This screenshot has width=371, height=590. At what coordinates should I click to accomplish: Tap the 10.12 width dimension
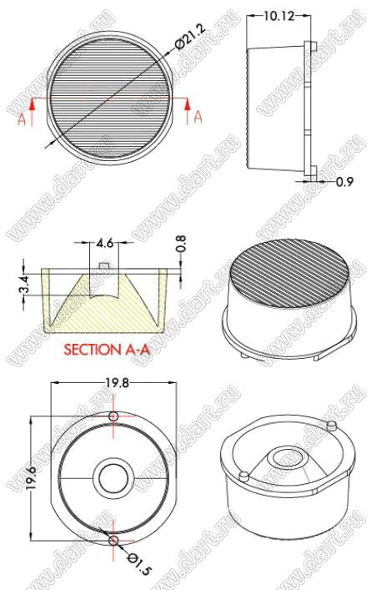(x=278, y=16)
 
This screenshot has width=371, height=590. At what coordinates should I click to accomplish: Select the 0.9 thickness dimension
(x=344, y=182)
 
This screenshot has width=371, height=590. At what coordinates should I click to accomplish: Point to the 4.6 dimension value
(x=104, y=243)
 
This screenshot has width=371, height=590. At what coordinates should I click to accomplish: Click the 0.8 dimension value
(x=180, y=245)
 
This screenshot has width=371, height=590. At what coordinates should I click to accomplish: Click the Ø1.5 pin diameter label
(x=139, y=563)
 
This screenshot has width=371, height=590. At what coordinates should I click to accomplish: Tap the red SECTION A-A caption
(x=107, y=350)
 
